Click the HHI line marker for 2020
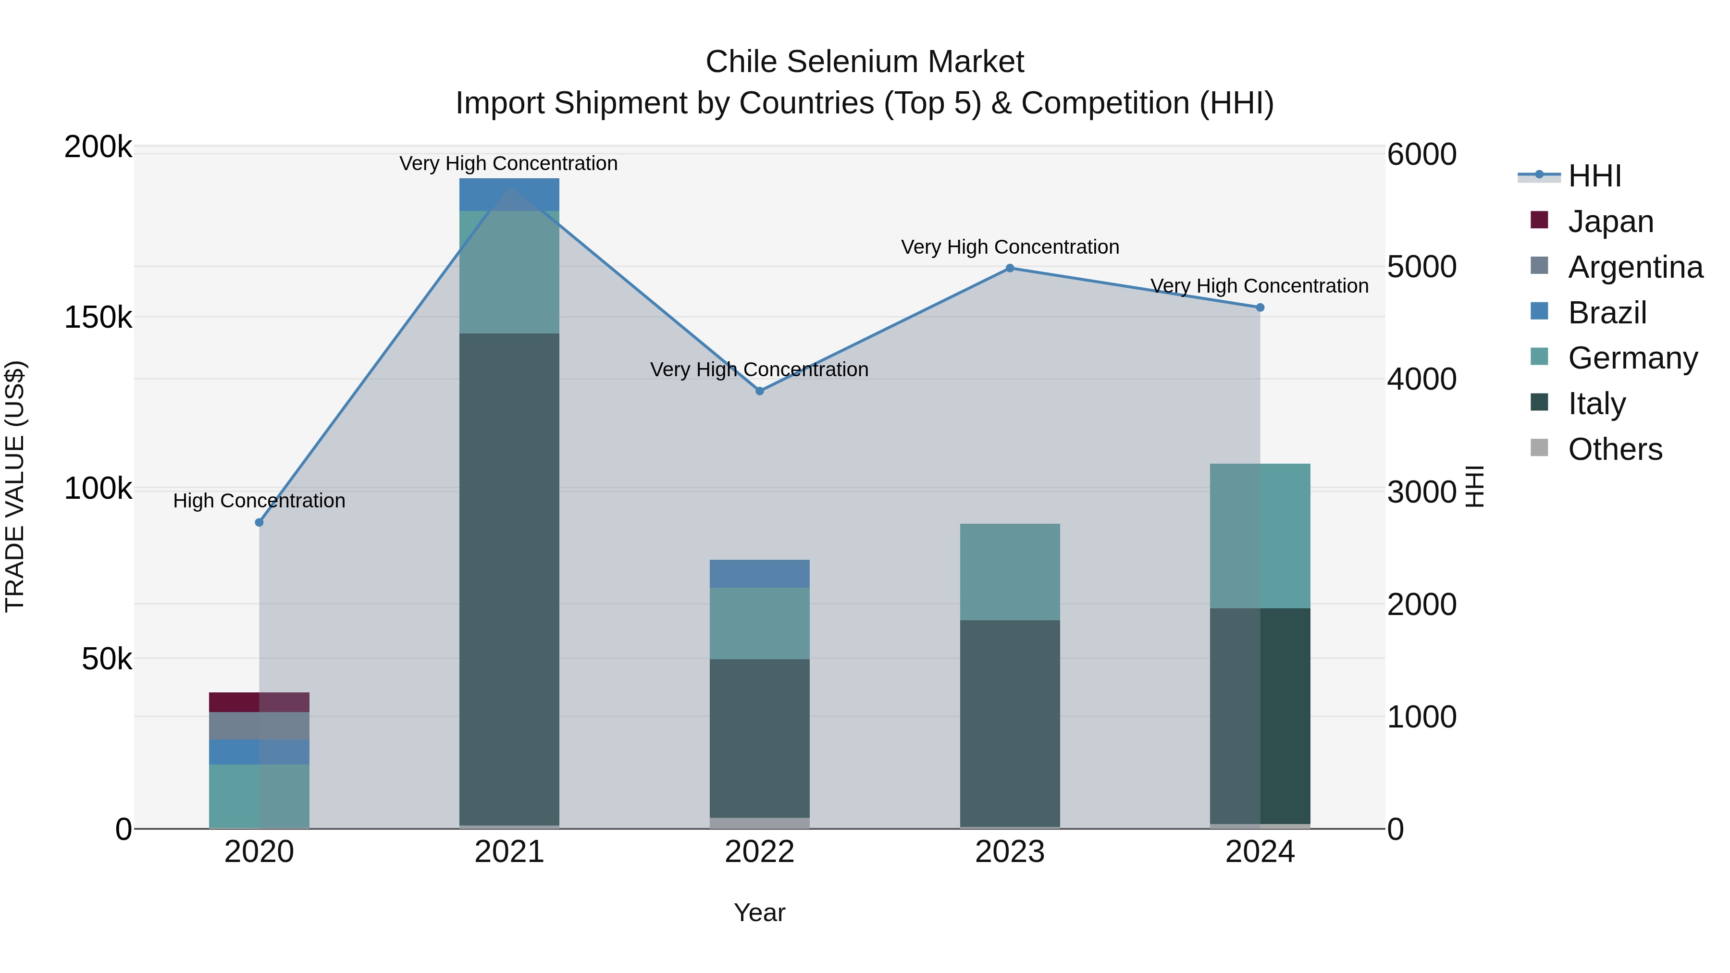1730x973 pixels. (259, 522)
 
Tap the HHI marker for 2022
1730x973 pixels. (760, 391)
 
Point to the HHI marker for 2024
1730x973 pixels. (1260, 308)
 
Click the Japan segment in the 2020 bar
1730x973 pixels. (259, 702)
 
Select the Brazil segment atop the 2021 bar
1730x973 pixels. (509, 195)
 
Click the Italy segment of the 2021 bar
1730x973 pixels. (509, 578)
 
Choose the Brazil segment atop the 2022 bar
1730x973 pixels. (760, 573)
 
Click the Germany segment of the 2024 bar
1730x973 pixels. (1260, 536)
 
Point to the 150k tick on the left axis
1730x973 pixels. (98, 317)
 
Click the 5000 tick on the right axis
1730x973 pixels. (1421, 267)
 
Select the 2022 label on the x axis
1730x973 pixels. (760, 852)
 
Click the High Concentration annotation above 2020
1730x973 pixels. (259, 501)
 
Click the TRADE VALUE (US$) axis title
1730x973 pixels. (15, 486)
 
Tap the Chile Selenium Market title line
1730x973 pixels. (865, 62)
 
